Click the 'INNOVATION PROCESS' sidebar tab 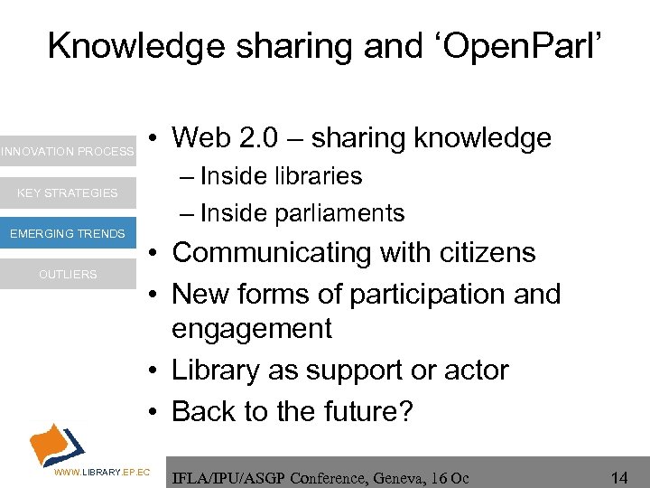[67, 152]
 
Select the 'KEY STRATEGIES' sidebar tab [68, 192]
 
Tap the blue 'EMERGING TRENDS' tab [68, 234]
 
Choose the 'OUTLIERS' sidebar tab [68, 275]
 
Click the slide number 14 [619, 475]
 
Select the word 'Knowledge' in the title [135, 45]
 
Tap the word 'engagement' [252, 329]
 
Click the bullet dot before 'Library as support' [156, 371]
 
